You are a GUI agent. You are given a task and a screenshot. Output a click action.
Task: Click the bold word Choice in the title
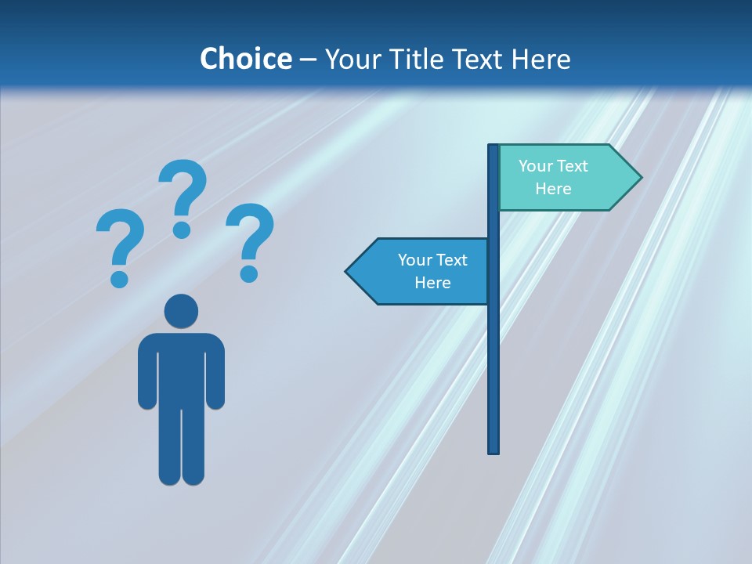(x=245, y=59)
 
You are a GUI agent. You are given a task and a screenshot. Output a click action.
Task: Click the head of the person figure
(x=181, y=312)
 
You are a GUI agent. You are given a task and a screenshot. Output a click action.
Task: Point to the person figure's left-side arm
(x=146, y=372)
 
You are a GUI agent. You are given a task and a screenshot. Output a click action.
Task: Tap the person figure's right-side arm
(x=215, y=372)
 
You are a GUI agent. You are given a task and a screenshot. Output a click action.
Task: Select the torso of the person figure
(x=181, y=368)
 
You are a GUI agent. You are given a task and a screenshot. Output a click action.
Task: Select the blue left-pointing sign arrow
(x=419, y=272)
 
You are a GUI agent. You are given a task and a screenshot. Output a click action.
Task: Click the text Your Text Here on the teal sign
(x=553, y=177)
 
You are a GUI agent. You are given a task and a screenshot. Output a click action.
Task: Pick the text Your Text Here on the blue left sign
(x=432, y=271)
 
